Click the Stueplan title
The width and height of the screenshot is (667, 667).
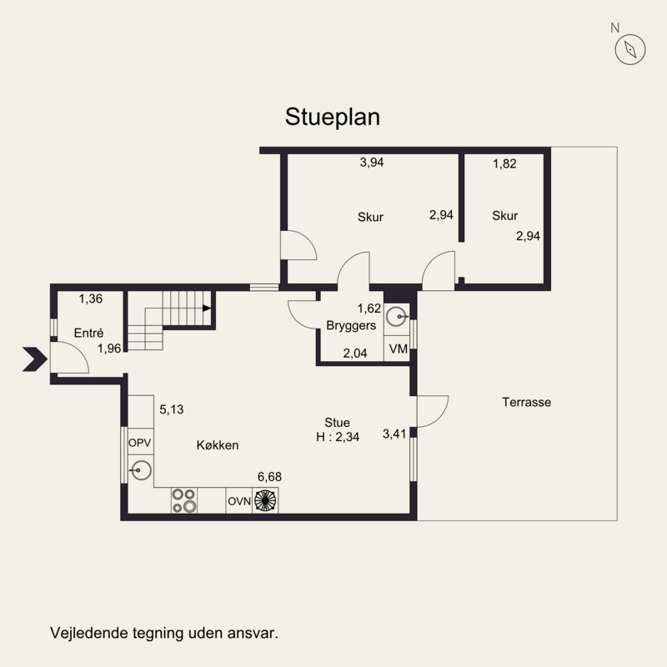332,117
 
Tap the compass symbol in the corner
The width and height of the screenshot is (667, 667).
630,49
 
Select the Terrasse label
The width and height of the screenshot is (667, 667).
526,402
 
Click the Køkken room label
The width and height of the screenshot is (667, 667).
218,445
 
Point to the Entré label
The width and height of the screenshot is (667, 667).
88,333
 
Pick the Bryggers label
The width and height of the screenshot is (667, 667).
351,325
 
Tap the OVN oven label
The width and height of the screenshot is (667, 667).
239,501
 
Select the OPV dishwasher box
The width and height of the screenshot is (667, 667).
140,442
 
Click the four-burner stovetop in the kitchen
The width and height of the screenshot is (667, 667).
183,500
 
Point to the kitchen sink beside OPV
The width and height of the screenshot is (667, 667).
141,470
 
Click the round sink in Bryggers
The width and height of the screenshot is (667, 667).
397,317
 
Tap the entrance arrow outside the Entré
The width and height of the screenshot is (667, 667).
34,359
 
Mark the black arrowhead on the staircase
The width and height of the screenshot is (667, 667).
207,308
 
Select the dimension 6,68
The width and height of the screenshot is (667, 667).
269,477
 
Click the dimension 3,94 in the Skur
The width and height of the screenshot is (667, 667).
371,162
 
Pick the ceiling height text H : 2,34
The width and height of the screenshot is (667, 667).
338,437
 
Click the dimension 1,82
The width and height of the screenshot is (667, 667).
504,163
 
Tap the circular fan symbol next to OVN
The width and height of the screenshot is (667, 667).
265,500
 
